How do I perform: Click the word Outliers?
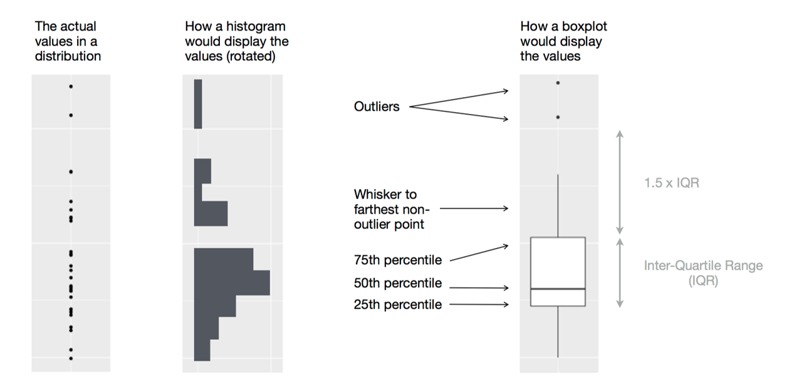pyautogui.click(x=376, y=107)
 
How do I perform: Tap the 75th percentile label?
pyautogui.click(x=397, y=260)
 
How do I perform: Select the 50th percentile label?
pyautogui.click(x=397, y=284)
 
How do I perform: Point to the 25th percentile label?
pyautogui.click(x=397, y=305)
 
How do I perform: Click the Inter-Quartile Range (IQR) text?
pyautogui.click(x=703, y=273)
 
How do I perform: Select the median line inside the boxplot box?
pyautogui.click(x=558, y=289)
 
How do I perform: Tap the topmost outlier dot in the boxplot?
pyautogui.click(x=558, y=83)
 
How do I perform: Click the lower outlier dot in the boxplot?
pyautogui.click(x=558, y=117)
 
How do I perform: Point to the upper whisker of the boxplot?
pyautogui.click(x=558, y=207)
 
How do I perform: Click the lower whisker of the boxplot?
pyautogui.click(x=558, y=332)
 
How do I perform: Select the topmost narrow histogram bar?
pyautogui.click(x=198, y=104)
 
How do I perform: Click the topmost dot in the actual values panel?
pyautogui.click(x=71, y=86)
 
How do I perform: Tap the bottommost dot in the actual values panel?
pyautogui.click(x=71, y=358)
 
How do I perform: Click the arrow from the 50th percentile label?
pyautogui.click(x=479, y=288)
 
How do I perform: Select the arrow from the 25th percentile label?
pyautogui.click(x=479, y=305)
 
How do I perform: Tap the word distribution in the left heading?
pyautogui.click(x=68, y=56)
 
